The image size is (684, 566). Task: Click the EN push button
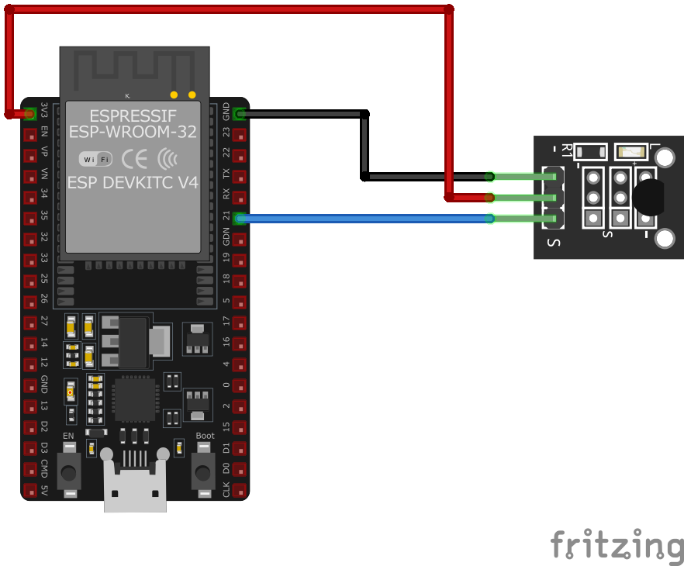click(70, 468)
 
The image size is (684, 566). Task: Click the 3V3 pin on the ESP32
click(30, 113)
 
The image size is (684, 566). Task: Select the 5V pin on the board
click(30, 490)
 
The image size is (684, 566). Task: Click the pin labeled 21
click(240, 219)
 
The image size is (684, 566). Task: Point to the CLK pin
click(240, 490)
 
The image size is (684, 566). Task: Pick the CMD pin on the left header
click(30, 469)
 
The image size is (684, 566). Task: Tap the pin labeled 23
click(240, 134)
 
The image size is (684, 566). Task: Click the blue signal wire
click(364, 219)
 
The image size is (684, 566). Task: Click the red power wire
click(233, 9)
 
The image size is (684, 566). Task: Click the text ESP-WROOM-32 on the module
click(133, 132)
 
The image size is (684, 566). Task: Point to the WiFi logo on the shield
click(95, 159)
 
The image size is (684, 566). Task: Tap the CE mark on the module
click(135, 159)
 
